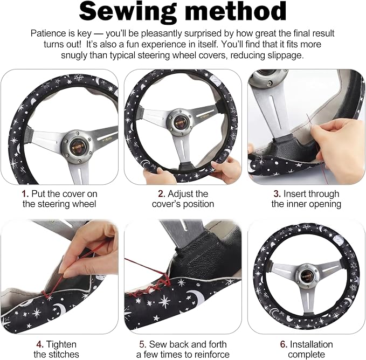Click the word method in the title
tap(236, 11)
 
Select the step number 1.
tap(25, 194)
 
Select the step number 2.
tap(162, 194)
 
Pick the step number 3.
tap(277, 194)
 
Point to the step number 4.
tap(40, 344)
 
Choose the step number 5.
tap(143, 344)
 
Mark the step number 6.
tap(284, 344)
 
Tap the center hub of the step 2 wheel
tap(181, 122)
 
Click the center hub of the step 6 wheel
tap(306, 276)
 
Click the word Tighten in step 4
tap(61, 344)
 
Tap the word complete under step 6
tap(306, 355)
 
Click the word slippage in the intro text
tap(286, 56)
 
